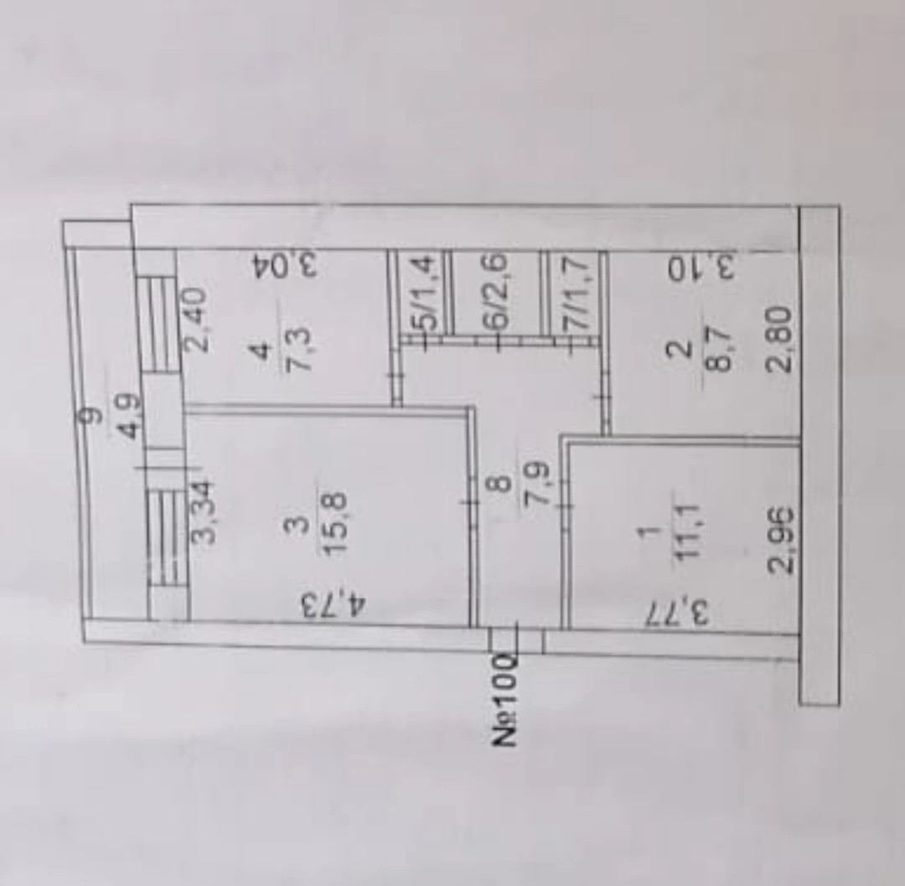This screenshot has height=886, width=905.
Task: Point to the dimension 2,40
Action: click(x=199, y=313)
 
